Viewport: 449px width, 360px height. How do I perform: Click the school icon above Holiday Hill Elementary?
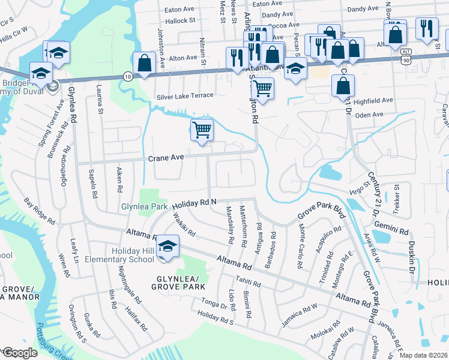click(x=169, y=246)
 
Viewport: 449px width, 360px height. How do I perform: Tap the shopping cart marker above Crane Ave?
click(x=202, y=130)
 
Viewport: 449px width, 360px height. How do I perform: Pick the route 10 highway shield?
click(x=127, y=76)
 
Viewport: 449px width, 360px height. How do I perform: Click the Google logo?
click(x=19, y=353)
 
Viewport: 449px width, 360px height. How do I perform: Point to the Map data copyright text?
click(x=423, y=355)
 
